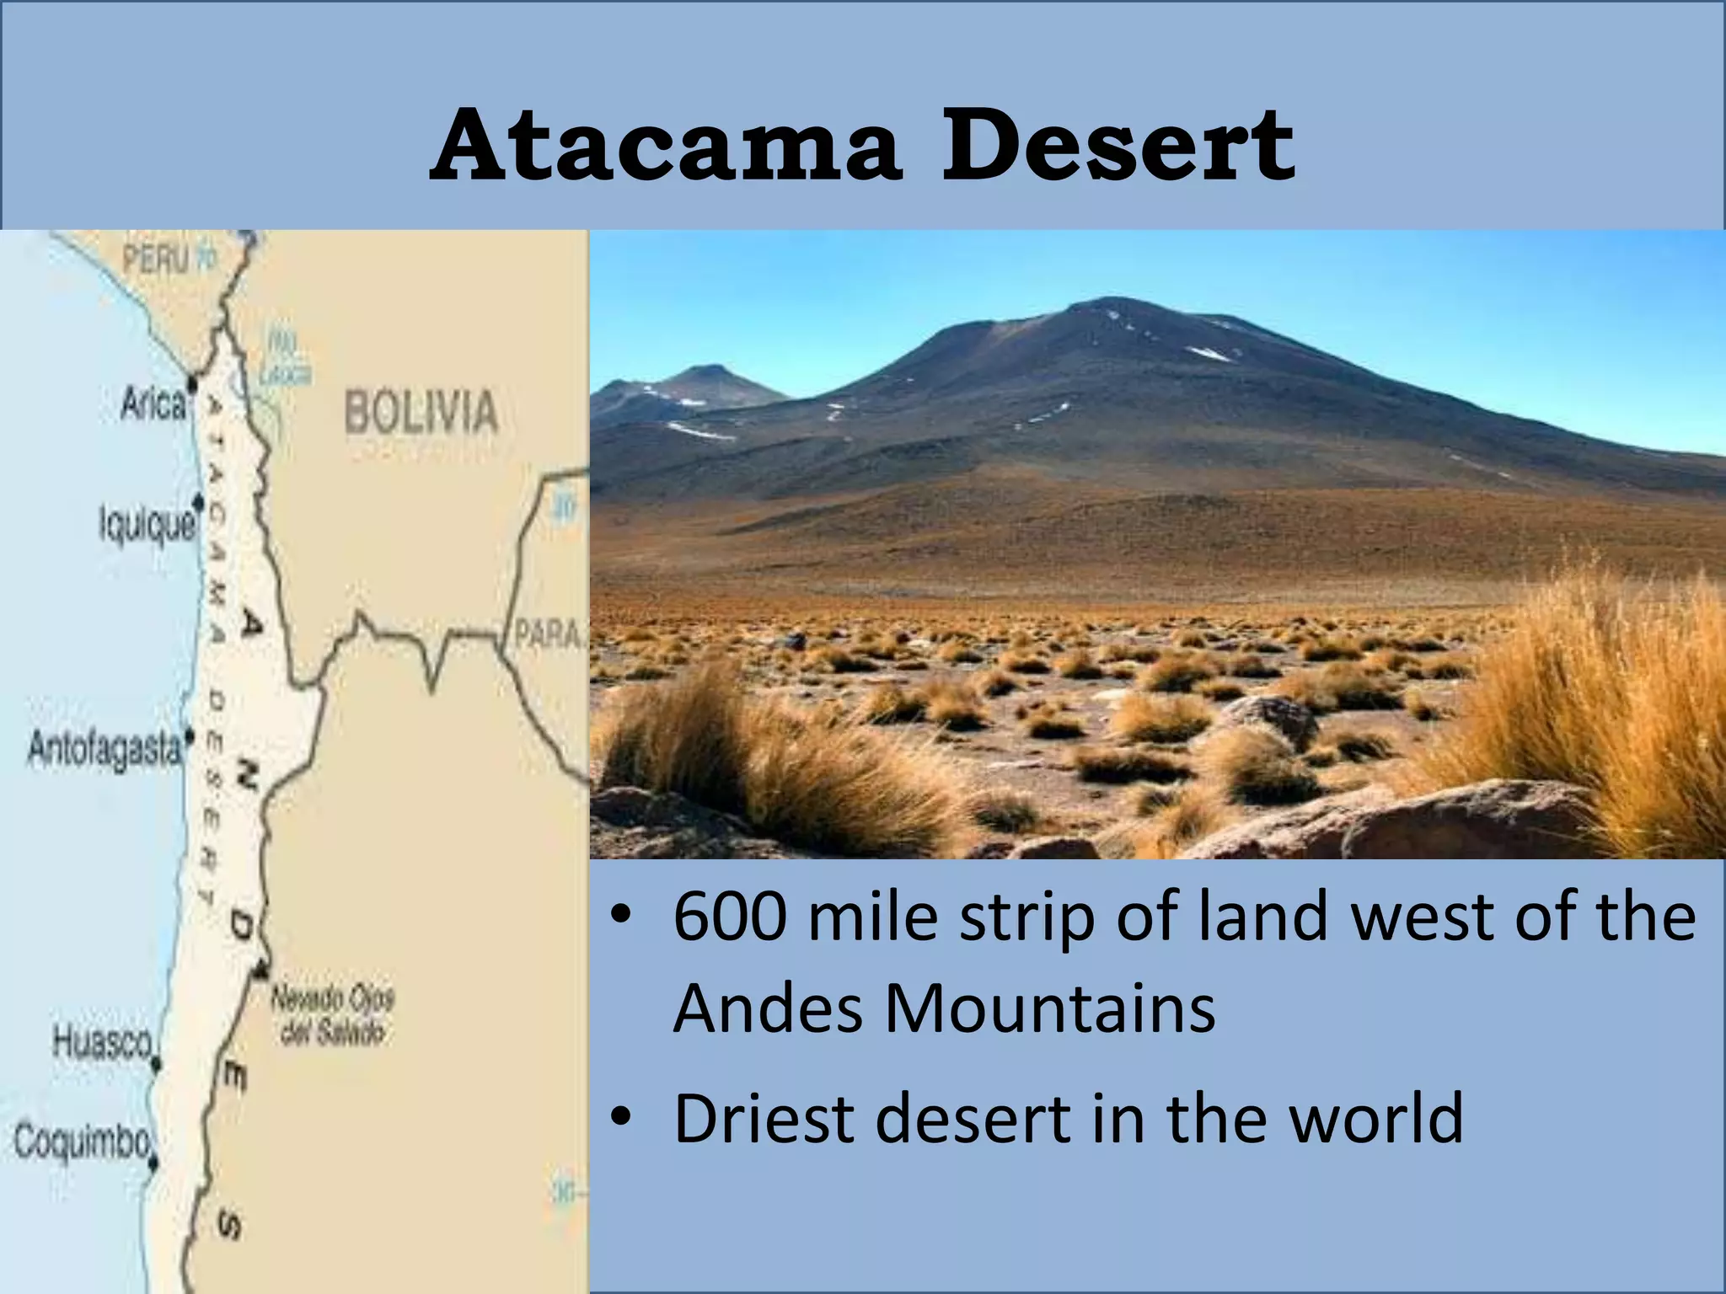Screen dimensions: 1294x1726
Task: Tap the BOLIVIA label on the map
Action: (421, 412)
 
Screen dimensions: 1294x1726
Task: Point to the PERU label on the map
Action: (157, 259)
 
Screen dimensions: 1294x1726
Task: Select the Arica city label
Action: (153, 405)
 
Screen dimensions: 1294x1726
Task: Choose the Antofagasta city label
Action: (105, 748)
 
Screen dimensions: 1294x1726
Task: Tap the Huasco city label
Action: (102, 1042)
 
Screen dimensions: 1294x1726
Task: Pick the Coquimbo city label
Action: (81, 1142)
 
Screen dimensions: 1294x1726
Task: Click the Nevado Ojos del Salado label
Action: (332, 1016)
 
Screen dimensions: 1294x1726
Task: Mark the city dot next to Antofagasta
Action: (190, 734)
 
